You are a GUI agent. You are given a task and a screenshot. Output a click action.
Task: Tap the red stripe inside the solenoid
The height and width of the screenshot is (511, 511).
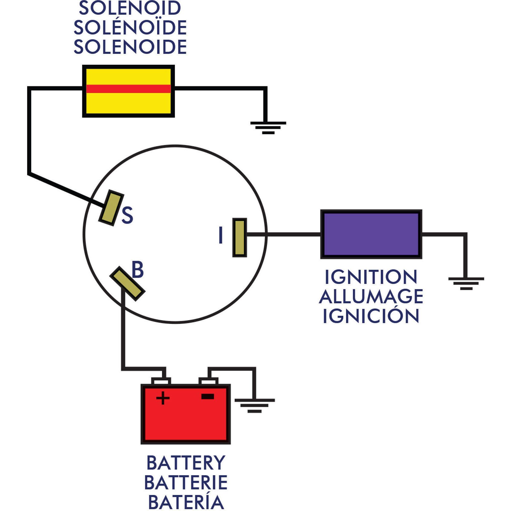pos(128,89)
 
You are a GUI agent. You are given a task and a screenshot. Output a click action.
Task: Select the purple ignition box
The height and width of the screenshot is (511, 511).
pos(371,234)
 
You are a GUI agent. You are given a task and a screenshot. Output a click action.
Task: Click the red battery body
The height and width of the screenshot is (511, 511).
pos(186,421)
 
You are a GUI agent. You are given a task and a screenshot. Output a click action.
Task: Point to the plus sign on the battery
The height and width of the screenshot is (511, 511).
pos(163,397)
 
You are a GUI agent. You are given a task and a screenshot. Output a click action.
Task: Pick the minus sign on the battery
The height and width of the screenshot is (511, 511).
pos(208,396)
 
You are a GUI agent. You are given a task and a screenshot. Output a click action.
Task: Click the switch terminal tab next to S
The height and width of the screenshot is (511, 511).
pos(111,208)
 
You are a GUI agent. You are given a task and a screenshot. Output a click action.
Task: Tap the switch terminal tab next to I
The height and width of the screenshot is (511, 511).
pos(239,237)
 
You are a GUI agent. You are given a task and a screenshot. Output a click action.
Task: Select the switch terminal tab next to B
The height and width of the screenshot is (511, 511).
pos(127,283)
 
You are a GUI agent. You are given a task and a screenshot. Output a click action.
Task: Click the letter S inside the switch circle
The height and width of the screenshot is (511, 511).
pos(127,216)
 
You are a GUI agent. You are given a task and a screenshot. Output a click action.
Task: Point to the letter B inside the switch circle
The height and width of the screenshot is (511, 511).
pos(137,269)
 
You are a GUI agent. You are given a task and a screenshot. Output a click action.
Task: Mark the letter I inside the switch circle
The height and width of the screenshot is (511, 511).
pos(221,235)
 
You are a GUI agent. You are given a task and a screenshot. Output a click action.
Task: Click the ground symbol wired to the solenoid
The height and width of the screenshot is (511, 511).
pos(268,127)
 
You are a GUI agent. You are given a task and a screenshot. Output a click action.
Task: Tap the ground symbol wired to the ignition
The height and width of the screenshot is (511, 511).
pos(466,283)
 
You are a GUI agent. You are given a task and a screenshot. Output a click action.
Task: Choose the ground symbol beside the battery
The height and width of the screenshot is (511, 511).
pos(255,405)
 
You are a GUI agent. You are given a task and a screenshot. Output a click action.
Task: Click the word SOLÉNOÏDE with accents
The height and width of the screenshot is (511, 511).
pos(130,28)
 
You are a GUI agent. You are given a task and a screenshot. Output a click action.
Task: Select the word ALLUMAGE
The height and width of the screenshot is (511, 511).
pos(371,296)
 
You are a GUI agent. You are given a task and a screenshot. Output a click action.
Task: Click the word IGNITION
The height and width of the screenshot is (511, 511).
pos(371,277)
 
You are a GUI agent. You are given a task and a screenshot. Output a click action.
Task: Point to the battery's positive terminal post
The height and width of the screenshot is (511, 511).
pos(161,381)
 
